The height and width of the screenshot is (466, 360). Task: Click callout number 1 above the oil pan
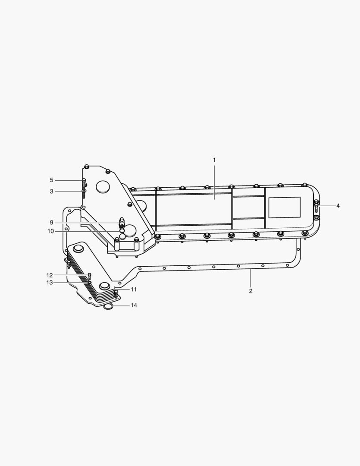coord(214,160)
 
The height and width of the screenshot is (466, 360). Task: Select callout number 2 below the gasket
coord(250,291)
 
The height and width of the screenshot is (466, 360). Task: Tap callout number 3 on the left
coord(52,192)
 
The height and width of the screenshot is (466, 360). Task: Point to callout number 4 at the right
coord(338,206)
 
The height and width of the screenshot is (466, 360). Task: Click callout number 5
coord(52,180)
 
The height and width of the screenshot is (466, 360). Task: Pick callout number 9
coord(51,222)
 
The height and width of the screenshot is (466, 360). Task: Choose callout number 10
coord(50,231)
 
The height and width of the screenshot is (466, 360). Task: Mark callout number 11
coord(134,289)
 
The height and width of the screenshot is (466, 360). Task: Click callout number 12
coord(49,275)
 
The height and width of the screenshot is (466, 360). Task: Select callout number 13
coord(49,282)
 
